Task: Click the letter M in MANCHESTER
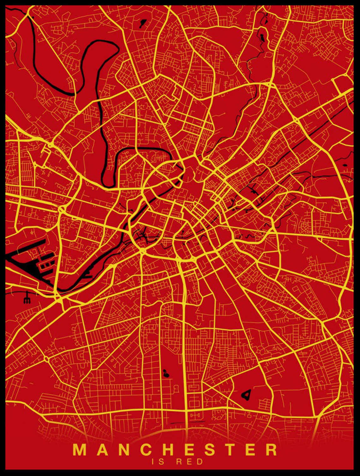tap(80, 450)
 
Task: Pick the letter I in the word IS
tap(153, 461)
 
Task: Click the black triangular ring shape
tap(247, 394)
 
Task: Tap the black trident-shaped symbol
tap(27, 298)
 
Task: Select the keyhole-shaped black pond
tap(165, 374)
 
